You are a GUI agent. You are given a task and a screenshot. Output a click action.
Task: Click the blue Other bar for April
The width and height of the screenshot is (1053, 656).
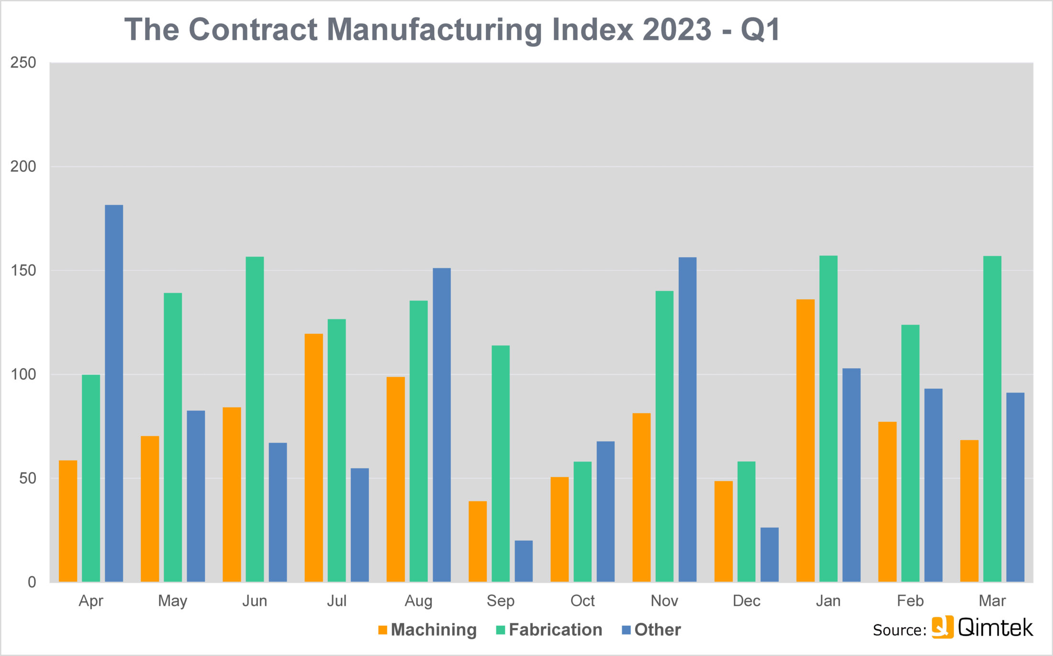click(114, 393)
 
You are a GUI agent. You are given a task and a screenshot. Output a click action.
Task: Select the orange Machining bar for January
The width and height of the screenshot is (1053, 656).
click(805, 441)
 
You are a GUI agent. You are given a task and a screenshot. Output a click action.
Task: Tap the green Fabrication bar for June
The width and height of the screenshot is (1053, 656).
click(255, 419)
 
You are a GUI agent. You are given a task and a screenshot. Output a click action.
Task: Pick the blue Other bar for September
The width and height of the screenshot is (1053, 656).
click(524, 561)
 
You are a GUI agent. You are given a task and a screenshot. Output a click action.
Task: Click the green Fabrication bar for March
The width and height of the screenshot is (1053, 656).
click(992, 419)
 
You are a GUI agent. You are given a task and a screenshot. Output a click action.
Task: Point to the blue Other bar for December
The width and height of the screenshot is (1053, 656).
click(770, 554)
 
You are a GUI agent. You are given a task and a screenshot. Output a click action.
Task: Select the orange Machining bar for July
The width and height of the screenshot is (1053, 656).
click(314, 457)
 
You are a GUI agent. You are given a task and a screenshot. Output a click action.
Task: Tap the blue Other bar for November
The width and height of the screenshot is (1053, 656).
click(687, 419)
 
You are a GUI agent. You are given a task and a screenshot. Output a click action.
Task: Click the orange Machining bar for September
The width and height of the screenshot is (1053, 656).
click(478, 541)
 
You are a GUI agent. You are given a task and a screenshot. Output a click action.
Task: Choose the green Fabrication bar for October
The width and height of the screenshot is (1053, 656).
click(583, 522)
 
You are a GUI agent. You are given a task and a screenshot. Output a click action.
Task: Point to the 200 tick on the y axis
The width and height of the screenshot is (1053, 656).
click(23, 166)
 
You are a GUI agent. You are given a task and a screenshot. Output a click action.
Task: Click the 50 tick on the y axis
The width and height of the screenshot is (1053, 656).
click(27, 478)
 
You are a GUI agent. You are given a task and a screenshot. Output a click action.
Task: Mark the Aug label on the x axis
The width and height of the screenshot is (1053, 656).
click(418, 600)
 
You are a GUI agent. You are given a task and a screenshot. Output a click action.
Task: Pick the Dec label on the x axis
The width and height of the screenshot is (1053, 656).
click(746, 600)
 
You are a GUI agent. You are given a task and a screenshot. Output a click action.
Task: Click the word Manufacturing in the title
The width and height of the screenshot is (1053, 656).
click(434, 30)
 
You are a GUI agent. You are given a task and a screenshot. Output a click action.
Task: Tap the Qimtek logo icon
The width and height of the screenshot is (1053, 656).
click(942, 627)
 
